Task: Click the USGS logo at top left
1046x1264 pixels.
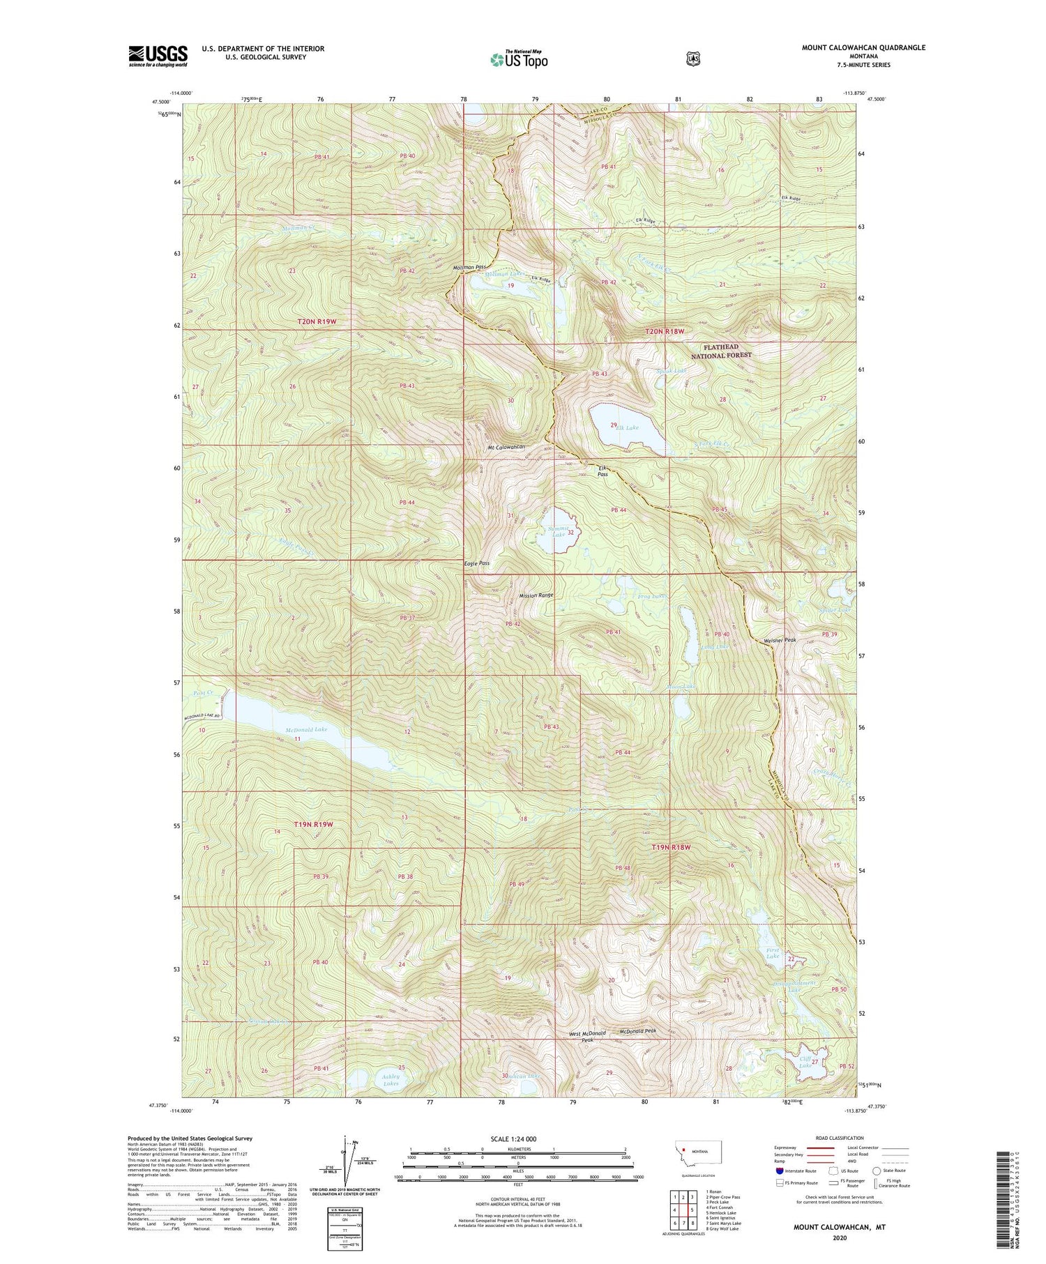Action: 158,56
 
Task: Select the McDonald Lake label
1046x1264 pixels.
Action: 306,729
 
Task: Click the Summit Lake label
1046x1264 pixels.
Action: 556,532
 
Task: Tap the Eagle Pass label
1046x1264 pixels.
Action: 477,563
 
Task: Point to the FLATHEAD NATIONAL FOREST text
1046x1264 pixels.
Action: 721,351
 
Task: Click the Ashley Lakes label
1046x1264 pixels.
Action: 391,1080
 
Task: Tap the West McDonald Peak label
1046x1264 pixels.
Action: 587,1035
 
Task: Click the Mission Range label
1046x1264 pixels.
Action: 536,595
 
